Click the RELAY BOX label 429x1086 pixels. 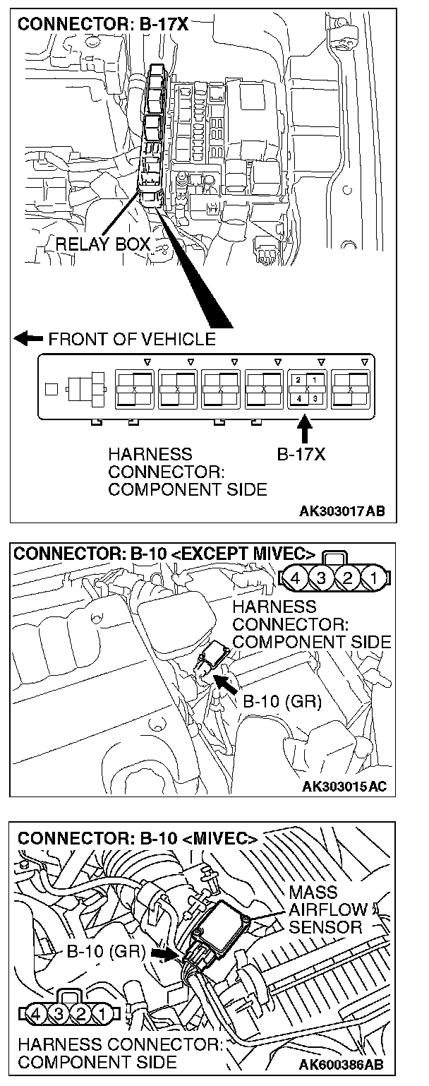(102, 244)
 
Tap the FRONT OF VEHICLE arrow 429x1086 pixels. (28, 339)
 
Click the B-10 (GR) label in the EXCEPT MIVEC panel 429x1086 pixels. (282, 702)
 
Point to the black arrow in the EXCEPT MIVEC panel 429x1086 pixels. (226, 683)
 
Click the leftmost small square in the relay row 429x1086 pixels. (50, 388)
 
